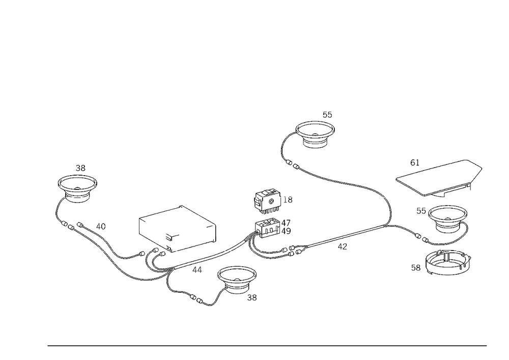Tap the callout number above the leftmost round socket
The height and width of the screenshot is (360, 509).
[x=80, y=167]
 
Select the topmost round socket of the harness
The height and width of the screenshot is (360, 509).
[x=316, y=133]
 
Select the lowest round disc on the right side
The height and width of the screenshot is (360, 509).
[x=447, y=263]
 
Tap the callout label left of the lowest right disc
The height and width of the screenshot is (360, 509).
[x=416, y=266]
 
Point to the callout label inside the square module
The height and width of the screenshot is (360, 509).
[x=171, y=235]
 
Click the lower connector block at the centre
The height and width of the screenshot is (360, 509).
[x=270, y=229]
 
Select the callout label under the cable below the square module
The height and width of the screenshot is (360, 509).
[x=196, y=268]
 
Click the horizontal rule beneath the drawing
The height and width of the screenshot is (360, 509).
[x=267, y=345]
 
